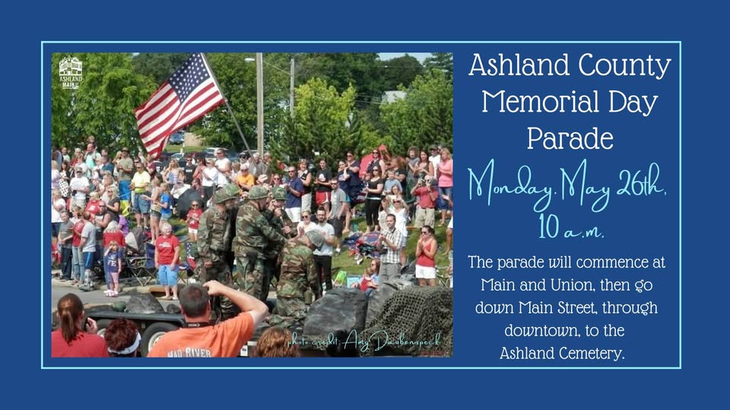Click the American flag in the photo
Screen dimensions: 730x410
(179, 105)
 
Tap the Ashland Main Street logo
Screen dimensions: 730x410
(71, 73)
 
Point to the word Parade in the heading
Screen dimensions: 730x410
(570, 138)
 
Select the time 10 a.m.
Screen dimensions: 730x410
(571, 227)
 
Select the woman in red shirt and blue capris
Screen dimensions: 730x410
(167, 261)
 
